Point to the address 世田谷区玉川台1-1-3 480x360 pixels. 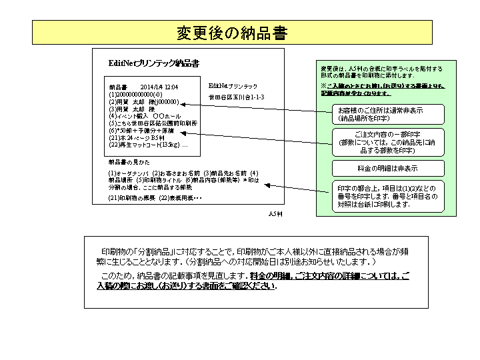point(237,97)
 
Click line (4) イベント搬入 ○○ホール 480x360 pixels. point(144,116)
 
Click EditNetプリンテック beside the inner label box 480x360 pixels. point(233,86)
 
